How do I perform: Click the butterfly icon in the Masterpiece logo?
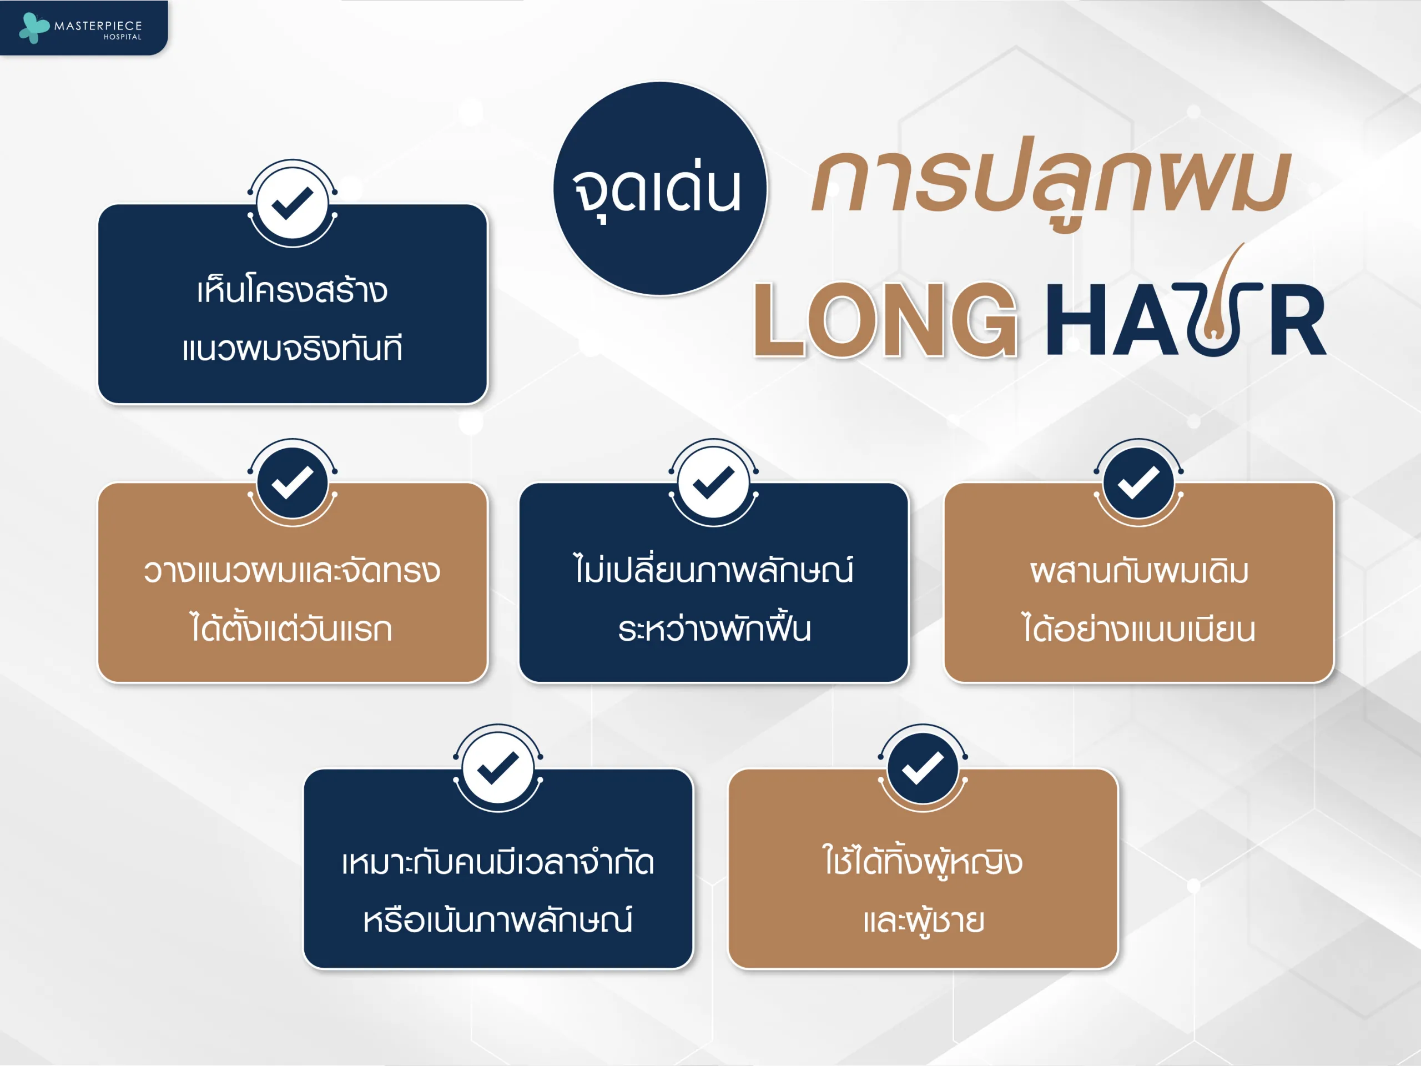(34, 28)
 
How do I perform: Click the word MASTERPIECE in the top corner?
(98, 26)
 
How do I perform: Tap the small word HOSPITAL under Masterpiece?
(123, 37)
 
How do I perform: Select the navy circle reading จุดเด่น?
(660, 188)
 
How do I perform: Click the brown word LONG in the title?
(885, 319)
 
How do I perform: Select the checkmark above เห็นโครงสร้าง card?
(293, 203)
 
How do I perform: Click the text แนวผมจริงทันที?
(293, 349)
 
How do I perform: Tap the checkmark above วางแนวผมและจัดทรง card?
(293, 482)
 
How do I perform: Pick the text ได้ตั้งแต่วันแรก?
(291, 628)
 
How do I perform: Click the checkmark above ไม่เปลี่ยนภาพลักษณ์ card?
(713, 482)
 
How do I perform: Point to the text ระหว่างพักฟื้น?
(714, 628)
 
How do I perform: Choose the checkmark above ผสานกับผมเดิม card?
(1138, 482)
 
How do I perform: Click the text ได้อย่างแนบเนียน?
(1138, 628)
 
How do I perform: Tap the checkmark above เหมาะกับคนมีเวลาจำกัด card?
(498, 768)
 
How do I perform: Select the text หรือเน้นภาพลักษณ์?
(498, 919)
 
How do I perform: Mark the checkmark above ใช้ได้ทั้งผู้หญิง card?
(923, 768)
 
